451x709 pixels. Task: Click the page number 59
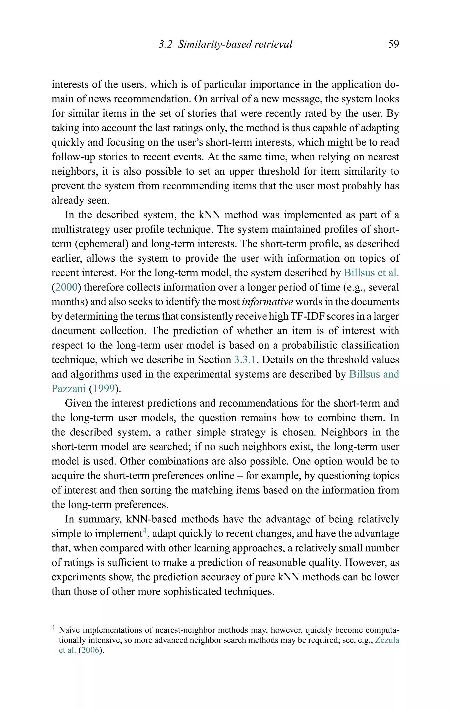394,44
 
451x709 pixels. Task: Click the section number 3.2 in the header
165,44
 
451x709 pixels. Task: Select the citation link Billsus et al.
371,273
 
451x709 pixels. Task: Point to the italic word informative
267,302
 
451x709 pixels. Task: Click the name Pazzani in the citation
68,389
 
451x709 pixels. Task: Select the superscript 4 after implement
144,531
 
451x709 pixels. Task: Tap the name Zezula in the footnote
387,640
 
